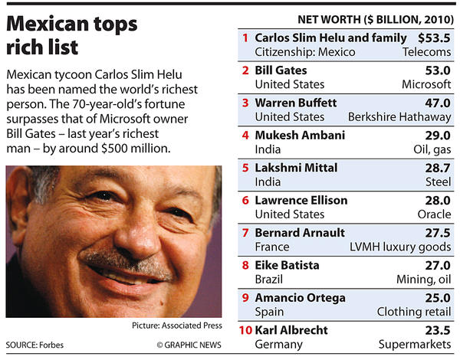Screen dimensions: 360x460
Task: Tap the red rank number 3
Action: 245,102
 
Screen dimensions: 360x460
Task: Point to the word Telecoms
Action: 426,52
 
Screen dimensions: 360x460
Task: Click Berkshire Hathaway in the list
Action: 399,117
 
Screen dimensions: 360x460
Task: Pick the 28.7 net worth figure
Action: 436,168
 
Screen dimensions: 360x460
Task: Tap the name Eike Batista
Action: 287,265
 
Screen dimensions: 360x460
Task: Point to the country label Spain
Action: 269,313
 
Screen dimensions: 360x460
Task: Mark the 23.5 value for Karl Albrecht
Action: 436,330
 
